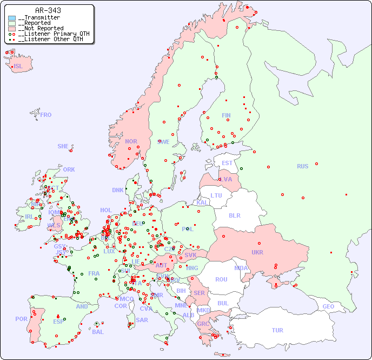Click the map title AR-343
point(48,10)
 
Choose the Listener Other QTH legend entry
point(49,39)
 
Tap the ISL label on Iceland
point(18,67)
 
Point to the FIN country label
point(226,115)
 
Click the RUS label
point(302,166)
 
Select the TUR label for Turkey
point(277,330)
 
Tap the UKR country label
point(257,252)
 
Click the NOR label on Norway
point(131,141)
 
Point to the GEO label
point(328,306)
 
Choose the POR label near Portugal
point(21,319)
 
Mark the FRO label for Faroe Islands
point(46,115)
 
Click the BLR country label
point(234,215)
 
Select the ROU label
point(221,279)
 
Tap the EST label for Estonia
point(227,163)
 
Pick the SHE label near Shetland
point(63,146)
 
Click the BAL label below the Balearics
point(98,332)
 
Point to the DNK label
point(118,190)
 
